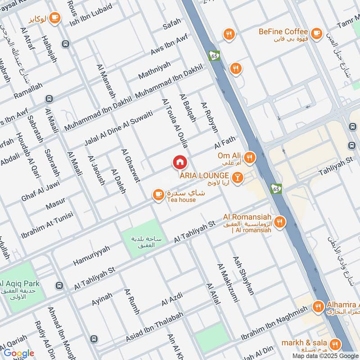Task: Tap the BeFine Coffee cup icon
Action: coord(316,32)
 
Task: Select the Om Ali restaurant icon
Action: coord(249,157)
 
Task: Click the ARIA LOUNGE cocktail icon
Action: coord(237,178)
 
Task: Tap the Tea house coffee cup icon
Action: coord(157,194)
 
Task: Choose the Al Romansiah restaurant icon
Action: coord(280,222)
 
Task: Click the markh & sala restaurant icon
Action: coord(335,344)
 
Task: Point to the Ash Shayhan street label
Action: coord(243,275)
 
